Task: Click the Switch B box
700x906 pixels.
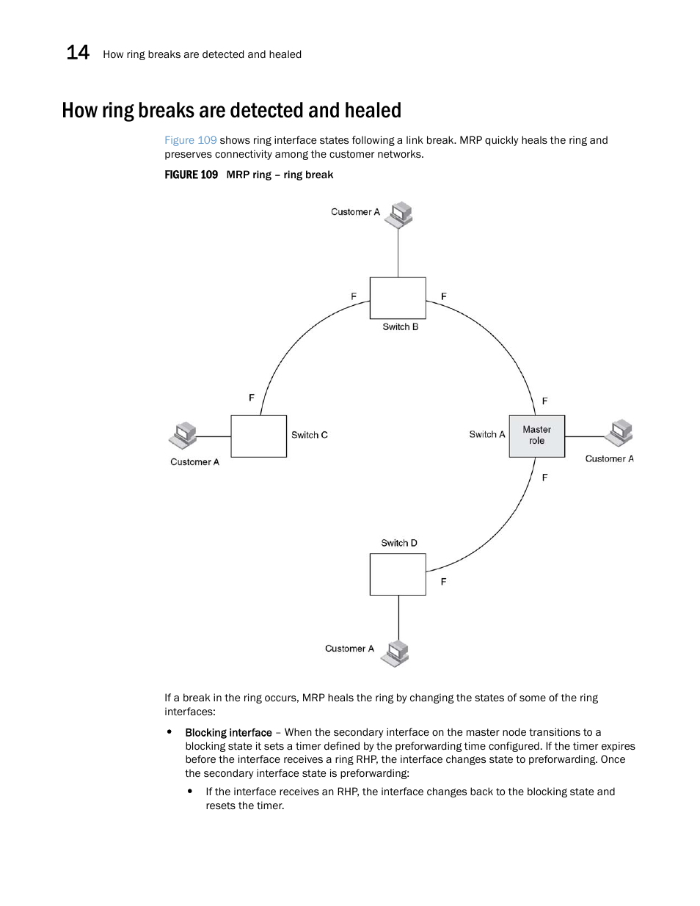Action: coord(398,298)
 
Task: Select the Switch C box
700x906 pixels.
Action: coord(258,436)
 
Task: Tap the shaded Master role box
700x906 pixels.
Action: coord(536,436)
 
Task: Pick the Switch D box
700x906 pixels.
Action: coord(398,574)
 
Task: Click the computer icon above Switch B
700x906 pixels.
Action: coord(401,214)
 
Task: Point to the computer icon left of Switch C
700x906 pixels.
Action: coord(183,435)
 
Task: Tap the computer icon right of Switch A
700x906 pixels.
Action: coord(619,433)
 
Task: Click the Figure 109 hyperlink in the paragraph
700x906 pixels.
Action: coord(190,140)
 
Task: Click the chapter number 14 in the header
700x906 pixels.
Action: coord(78,53)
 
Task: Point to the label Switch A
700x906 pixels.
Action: coord(487,434)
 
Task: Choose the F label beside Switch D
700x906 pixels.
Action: coord(443,582)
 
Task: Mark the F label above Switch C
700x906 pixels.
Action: coord(252,398)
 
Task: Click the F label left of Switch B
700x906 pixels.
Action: coord(354,296)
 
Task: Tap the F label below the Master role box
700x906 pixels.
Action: coord(544,478)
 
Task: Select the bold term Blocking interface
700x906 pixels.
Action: coord(228,732)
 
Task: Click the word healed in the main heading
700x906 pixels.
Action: coord(375,110)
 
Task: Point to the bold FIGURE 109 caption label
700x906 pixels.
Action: coord(191,175)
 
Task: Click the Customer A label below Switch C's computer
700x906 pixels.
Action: coord(194,462)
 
